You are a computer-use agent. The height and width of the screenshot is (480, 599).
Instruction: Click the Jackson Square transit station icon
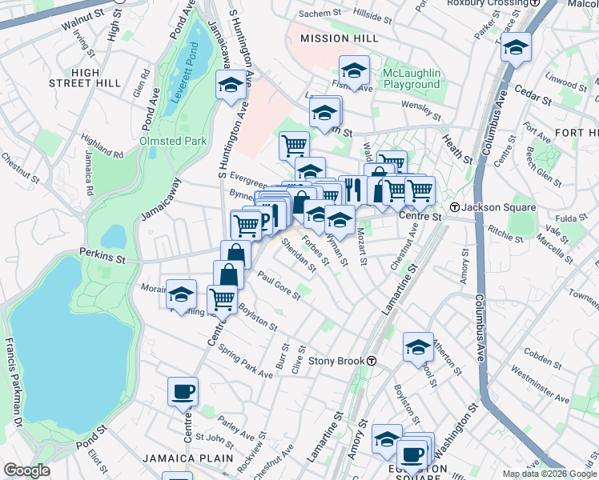tap(455, 207)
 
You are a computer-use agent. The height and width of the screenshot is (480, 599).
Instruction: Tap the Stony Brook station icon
tap(372, 361)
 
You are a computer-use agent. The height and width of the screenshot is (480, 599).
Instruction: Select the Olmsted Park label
tap(173, 141)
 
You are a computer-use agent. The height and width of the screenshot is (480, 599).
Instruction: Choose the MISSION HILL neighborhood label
tap(336, 38)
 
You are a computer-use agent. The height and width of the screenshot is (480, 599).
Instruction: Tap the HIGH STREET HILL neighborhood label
tap(95, 78)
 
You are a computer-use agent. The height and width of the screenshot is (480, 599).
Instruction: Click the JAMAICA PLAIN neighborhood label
tap(188, 458)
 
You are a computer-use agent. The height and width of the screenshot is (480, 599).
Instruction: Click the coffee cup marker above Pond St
tap(183, 392)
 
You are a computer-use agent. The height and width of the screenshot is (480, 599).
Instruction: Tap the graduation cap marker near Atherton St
tap(418, 346)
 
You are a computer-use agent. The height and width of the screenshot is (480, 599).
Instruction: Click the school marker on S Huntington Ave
tap(231, 85)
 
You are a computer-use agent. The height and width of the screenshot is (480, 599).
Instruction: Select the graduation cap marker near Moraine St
tap(182, 294)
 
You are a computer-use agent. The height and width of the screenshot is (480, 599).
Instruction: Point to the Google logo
tap(26, 470)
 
